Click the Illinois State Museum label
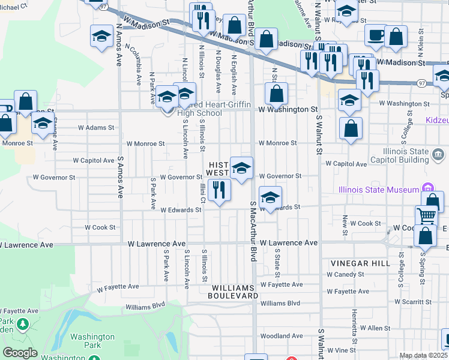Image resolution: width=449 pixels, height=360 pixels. tap(379, 190)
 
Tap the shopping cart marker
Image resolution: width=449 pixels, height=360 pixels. tap(426, 215)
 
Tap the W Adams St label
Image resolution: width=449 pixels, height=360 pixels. tap(96, 127)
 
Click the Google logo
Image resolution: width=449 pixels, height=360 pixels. tap(20, 353)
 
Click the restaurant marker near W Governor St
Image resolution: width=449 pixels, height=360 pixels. tap(219, 190)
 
